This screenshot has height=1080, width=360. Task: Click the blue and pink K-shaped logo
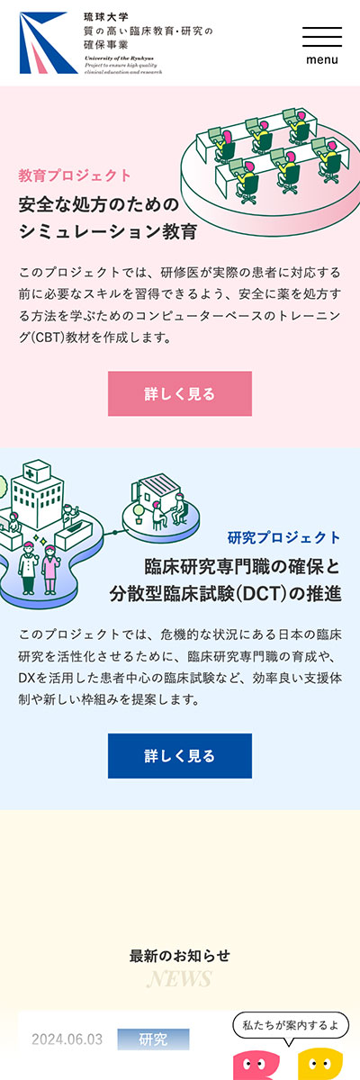click(x=49, y=43)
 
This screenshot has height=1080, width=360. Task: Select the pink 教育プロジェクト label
click(x=75, y=175)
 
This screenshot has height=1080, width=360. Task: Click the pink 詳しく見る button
click(x=180, y=393)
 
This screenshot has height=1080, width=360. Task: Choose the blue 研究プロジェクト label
click(x=284, y=537)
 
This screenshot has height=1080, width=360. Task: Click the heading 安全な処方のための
click(x=99, y=204)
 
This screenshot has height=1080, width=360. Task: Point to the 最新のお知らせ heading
click(x=180, y=955)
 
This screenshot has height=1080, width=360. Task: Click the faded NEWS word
click(x=179, y=979)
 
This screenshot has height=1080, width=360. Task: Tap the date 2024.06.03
click(x=67, y=1039)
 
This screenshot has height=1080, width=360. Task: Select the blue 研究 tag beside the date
click(x=153, y=1039)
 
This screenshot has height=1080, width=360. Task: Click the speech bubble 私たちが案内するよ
click(x=291, y=1025)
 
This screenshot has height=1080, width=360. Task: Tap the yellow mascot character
click(x=320, y=1064)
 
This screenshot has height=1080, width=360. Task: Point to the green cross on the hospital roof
click(x=31, y=472)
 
